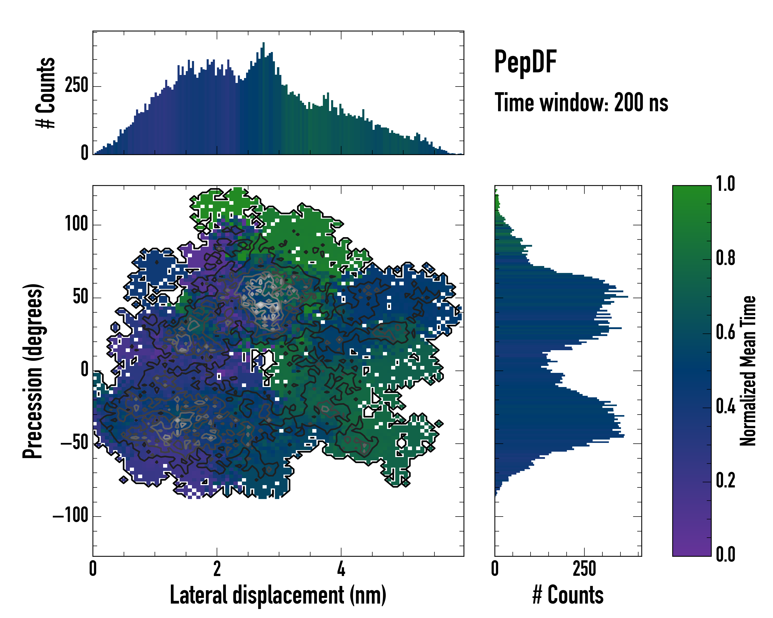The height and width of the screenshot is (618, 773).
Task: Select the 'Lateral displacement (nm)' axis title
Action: click(x=278, y=595)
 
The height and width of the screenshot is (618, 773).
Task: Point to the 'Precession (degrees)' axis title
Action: click(x=33, y=371)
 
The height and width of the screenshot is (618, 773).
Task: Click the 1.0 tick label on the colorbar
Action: click(x=725, y=184)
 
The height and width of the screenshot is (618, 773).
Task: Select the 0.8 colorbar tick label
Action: click(x=725, y=258)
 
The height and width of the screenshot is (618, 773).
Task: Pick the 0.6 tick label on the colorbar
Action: click(x=725, y=332)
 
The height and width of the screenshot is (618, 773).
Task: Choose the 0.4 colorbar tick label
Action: click(x=725, y=407)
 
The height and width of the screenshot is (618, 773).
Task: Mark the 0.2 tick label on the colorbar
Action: click(x=725, y=481)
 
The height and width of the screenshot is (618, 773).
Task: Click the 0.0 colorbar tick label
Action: click(x=725, y=555)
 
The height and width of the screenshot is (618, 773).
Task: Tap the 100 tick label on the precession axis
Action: click(x=76, y=224)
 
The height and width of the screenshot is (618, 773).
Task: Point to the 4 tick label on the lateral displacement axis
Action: click(x=341, y=569)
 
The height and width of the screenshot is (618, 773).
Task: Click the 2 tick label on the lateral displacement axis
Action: click(x=217, y=569)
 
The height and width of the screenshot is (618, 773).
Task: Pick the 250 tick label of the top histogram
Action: click(x=76, y=86)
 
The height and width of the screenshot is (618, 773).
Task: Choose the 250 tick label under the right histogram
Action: click(x=584, y=569)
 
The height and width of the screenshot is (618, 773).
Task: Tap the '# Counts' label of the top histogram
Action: click(x=46, y=93)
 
